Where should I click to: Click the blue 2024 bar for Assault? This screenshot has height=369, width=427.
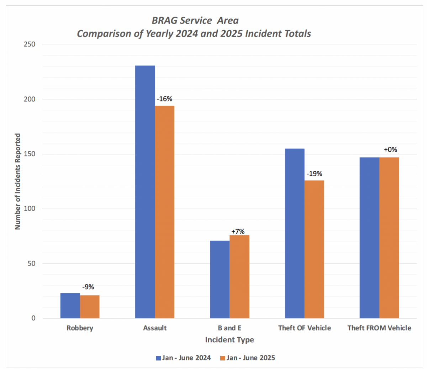[145, 192]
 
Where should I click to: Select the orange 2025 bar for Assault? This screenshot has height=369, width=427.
[165, 212]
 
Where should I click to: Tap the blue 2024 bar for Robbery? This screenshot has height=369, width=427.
[70, 306]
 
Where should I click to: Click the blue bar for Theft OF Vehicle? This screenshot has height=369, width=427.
[295, 233]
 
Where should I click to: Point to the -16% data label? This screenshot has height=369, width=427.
[164, 99]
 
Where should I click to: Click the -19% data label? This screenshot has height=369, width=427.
[314, 174]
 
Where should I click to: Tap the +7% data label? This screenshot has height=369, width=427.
[238, 232]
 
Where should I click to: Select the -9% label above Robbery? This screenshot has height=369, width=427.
[88, 287]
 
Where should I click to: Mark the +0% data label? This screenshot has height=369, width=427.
[390, 150]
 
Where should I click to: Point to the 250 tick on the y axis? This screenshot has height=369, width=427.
[30, 44]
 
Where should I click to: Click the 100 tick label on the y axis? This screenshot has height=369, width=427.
[30, 209]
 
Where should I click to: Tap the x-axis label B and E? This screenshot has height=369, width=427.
[230, 328]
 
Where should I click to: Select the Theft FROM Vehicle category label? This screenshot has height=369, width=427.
[379, 328]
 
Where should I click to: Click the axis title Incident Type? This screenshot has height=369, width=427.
[230, 340]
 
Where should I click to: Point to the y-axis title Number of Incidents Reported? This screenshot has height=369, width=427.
[18, 181]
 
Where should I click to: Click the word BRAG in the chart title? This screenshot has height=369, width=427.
[164, 21]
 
